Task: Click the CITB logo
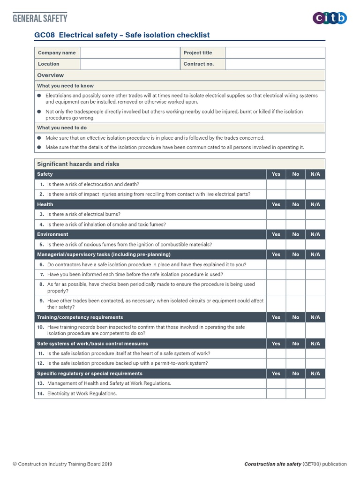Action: pyautogui.click(x=330, y=18)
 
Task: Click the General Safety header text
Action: pyautogui.click(x=40, y=18)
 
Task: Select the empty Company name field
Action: pyautogui.click(x=130, y=53)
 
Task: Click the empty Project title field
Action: pyautogui.click(x=275, y=53)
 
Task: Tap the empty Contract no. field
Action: pyautogui.click(x=275, y=64)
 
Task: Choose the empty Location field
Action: pyautogui.click(x=130, y=64)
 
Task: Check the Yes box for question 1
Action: pyautogui.click(x=276, y=184)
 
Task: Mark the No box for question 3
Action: pyautogui.click(x=296, y=214)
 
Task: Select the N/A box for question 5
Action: pyautogui.click(x=315, y=244)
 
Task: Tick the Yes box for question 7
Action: pyautogui.click(x=276, y=274)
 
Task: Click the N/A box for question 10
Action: pyautogui.click(x=315, y=330)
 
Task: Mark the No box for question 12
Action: pyautogui.click(x=296, y=363)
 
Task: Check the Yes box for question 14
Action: pyautogui.click(x=276, y=394)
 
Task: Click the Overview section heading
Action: pyautogui.click(x=51, y=75)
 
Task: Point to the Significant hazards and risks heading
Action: pyautogui.click(x=78, y=164)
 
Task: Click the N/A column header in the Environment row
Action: pyautogui.click(x=315, y=234)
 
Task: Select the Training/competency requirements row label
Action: pyautogui.click(x=80, y=317)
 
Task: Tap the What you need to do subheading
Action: pyautogui.click(x=62, y=127)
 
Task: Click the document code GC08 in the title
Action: pyautogui.click(x=45, y=35)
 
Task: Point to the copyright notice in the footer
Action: pyautogui.click(x=62, y=464)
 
